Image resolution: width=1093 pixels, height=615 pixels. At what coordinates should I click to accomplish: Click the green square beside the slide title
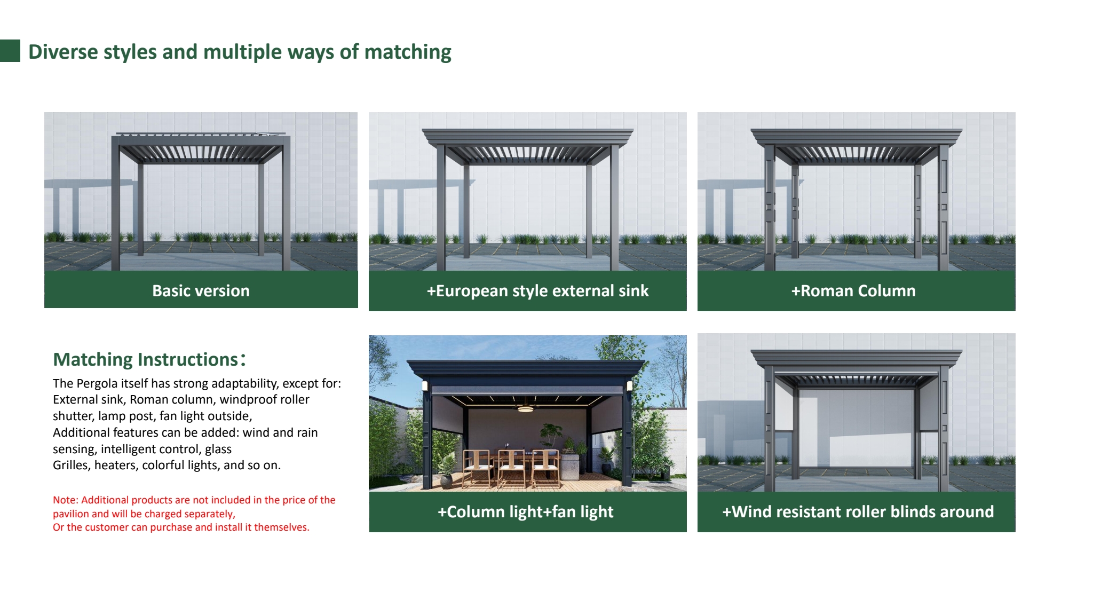pyautogui.click(x=10, y=51)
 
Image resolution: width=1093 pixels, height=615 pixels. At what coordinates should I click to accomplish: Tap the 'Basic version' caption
pyautogui.click(x=201, y=290)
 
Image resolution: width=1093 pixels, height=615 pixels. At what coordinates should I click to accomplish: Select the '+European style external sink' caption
pyautogui.click(x=537, y=291)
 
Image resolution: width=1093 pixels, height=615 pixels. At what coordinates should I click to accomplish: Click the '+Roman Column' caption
pyautogui.click(x=853, y=291)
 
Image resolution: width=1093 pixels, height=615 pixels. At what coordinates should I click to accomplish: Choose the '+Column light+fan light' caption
pyautogui.click(x=526, y=512)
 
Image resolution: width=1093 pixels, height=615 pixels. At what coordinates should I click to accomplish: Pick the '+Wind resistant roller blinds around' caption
pyautogui.click(x=858, y=512)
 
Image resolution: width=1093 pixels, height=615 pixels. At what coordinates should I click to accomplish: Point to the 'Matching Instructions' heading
pyautogui.click(x=149, y=359)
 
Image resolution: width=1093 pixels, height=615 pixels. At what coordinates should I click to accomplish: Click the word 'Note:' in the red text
pyautogui.click(x=65, y=500)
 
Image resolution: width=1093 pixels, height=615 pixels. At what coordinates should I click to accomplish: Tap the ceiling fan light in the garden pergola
pyautogui.click(x=525, y=408)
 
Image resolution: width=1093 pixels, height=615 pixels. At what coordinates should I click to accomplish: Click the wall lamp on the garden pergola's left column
pyautogui.click(x=425, y=385)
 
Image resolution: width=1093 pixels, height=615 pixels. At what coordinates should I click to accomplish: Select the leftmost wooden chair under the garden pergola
pyautogui.click(x=477, y=468)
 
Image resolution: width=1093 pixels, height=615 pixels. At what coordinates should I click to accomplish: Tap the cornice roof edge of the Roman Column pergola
pyautogui.click(x=856, y=137)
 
